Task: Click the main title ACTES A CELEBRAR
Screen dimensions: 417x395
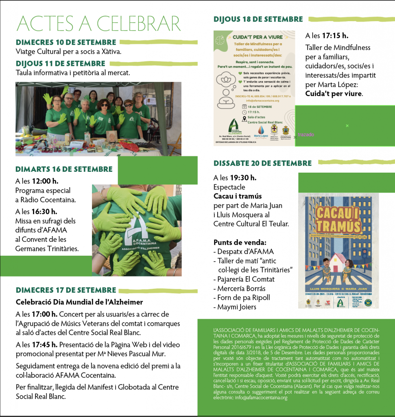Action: (x=98, y=23)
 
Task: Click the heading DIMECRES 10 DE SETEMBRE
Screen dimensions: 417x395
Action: (x=66, y=42)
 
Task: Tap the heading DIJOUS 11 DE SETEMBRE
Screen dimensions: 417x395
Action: (x=60, y=64)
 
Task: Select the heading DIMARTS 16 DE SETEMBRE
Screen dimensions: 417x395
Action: (x=64, y=169)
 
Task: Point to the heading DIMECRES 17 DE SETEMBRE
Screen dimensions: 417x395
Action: (x=66, y=290)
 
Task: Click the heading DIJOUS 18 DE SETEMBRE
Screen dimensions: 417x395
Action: (x=258, y=19)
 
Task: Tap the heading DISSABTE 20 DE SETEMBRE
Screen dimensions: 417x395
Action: (x=262, y=163)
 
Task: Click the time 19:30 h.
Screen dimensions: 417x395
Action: (x=247, y=178)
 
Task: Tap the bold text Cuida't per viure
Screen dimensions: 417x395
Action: (x=334, y=94)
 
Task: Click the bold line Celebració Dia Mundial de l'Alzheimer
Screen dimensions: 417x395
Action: (x=79, y=302)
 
